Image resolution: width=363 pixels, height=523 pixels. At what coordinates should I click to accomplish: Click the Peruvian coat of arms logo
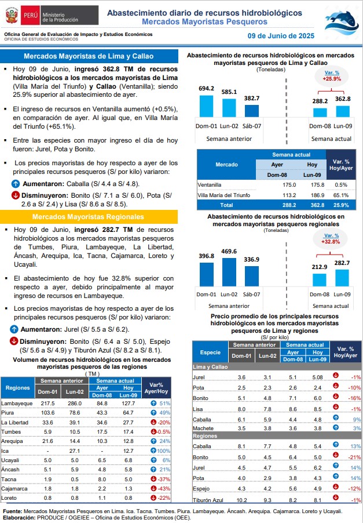click(12, 16)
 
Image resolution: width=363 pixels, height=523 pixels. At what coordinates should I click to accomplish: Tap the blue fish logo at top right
click(342, 23)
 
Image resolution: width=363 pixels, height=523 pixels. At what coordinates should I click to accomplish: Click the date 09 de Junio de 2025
click(281, 36)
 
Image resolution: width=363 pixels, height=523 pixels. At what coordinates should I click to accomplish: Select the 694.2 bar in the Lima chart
click(206, 106)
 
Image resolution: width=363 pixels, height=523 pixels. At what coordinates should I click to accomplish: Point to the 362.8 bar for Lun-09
click(343, 111)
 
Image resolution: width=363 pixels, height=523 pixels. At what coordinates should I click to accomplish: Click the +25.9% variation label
click(332, 79)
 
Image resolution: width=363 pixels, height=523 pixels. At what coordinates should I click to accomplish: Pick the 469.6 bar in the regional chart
click(229, 272)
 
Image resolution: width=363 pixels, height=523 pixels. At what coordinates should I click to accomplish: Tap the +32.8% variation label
click(331, 242)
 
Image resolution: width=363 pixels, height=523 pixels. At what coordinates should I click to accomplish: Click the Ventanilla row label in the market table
click(210, 185)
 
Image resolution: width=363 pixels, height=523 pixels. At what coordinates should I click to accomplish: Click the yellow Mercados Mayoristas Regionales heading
click(88, 217)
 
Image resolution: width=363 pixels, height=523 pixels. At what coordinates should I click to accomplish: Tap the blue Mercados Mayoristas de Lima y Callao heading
click(89, 56)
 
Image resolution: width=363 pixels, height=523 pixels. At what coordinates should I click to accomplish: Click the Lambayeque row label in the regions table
click(17, 403)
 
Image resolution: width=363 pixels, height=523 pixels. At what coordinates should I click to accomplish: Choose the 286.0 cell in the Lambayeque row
click(75, 403)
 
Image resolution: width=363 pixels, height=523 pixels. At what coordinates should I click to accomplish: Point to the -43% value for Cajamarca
click(164, 489)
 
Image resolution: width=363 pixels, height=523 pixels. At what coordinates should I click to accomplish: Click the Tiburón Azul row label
click(208, 500)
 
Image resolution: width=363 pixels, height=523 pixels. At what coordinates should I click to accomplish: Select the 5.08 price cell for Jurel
click(317, 377)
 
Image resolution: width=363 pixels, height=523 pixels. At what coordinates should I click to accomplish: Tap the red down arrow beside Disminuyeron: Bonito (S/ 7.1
click(15, 195)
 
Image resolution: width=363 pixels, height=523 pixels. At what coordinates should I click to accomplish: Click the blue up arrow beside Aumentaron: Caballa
click(16, 183)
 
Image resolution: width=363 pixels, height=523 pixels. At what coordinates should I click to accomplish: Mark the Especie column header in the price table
click(210, 352)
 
